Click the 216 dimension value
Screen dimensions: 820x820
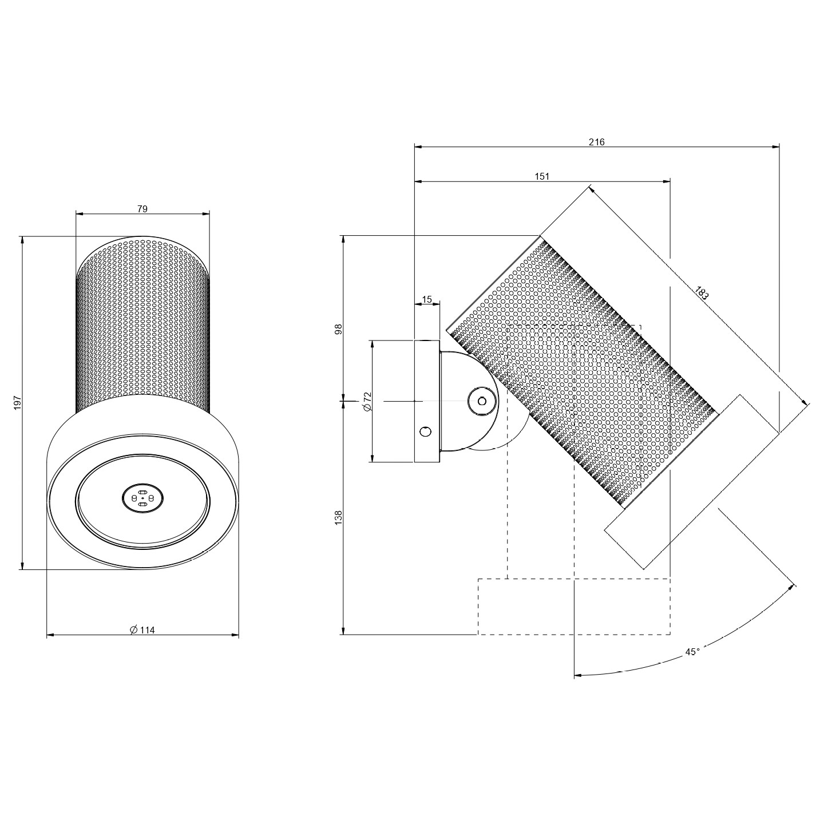click(x=596, y=142)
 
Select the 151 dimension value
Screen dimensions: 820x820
click(x=542, y=177)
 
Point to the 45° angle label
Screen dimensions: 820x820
click(x=692, y=664)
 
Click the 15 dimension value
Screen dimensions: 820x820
click(x=427, y=300)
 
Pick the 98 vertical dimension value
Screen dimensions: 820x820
click(x=339, y=330)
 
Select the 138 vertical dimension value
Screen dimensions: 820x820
click(x=339, y=517)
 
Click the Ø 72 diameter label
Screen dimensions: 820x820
click(x=368, y=401)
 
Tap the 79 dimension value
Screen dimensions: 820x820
click(x=142, y=209)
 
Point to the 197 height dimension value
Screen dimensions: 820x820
click(x=17, y=402)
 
